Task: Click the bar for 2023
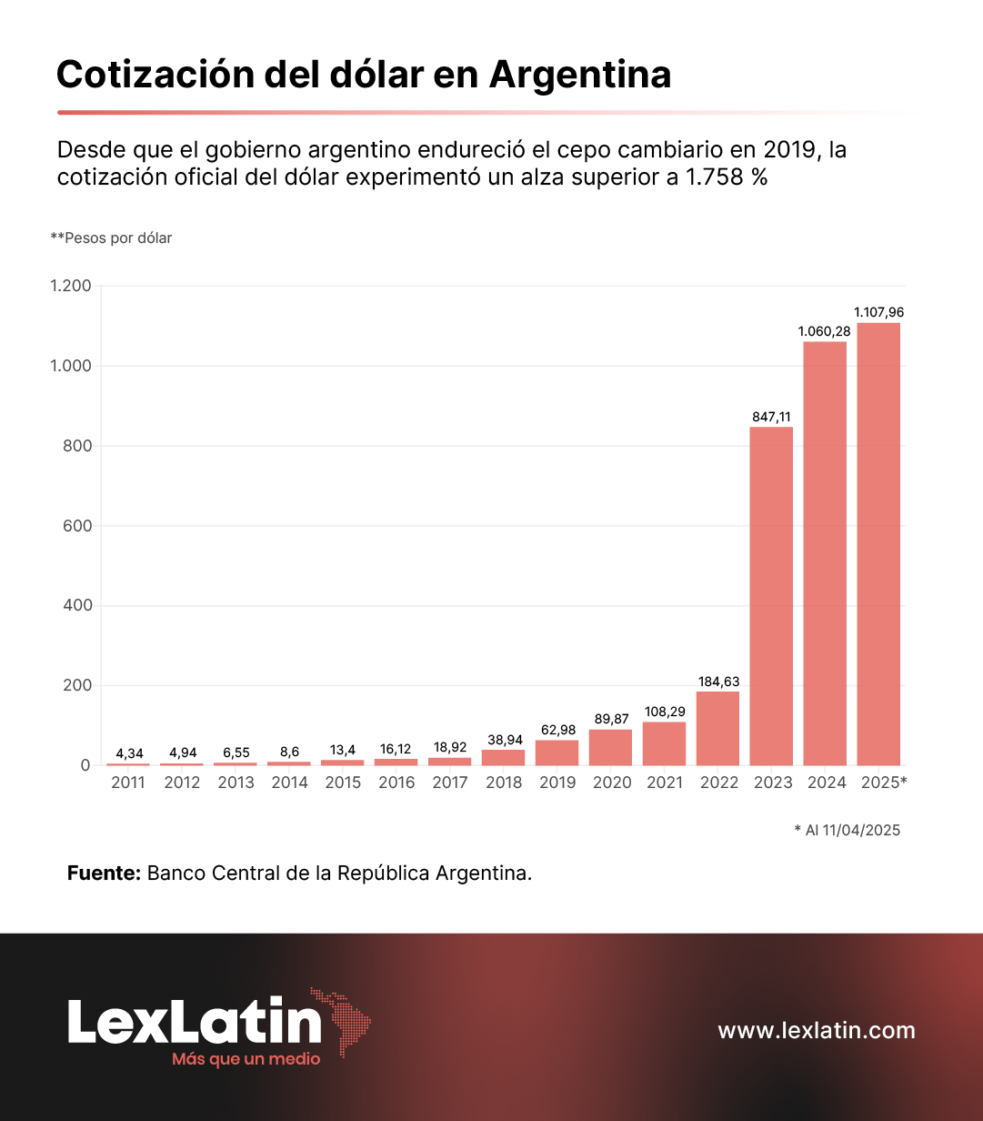(771, 596)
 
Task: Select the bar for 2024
(825, 553)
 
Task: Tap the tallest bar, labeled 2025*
(878, 544)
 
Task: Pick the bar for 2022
(717, 729)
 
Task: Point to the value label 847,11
(771, 417)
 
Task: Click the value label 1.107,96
(878, 312)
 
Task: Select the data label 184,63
(718, 682)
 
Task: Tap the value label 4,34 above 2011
(129, 753)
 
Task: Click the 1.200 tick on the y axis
(71, 286)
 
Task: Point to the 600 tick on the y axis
(77, 526)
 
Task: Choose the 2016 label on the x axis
(396, 783)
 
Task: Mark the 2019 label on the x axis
(557, 783)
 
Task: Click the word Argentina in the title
(580, 74)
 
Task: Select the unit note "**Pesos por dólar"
(111, 237)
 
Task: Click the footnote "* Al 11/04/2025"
(847, 830)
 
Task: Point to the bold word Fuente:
(104, 873)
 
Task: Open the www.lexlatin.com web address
(817, 1030)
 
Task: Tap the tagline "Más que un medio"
(246, 1059)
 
